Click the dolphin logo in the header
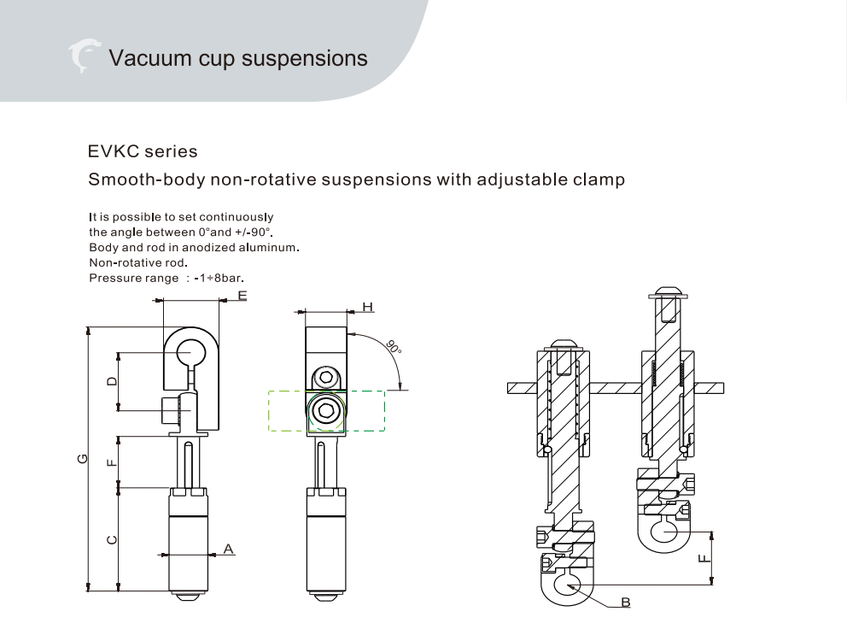pyautogui.click(x=83, y=56)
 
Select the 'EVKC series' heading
pyautogui.click(x=143, y=151)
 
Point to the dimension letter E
pyautogui.click(x=242, y=296)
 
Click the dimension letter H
pyautogui.click(x=367, y=306)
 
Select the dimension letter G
pyautogui.click(x=81, y=458)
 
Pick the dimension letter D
pyautogui.click(x=111, y=380)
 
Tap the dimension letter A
pyautogui.click(x=228, y=548)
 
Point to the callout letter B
pyautogui.click(x=625, y=603)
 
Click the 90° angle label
pyautogui.click(x=393, y=348)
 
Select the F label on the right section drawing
pyautogui.click(x=702, y=558)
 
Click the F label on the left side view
pyautogui.click(x=111, y=462)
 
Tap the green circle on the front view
pyautogui.click(x=324, y=412)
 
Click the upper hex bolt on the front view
pyautogui.click(x=324, y=377)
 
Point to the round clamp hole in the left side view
pyautogui.click(x=191, y=350)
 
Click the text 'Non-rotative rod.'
pyautogui.click(x=137, y=262)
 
